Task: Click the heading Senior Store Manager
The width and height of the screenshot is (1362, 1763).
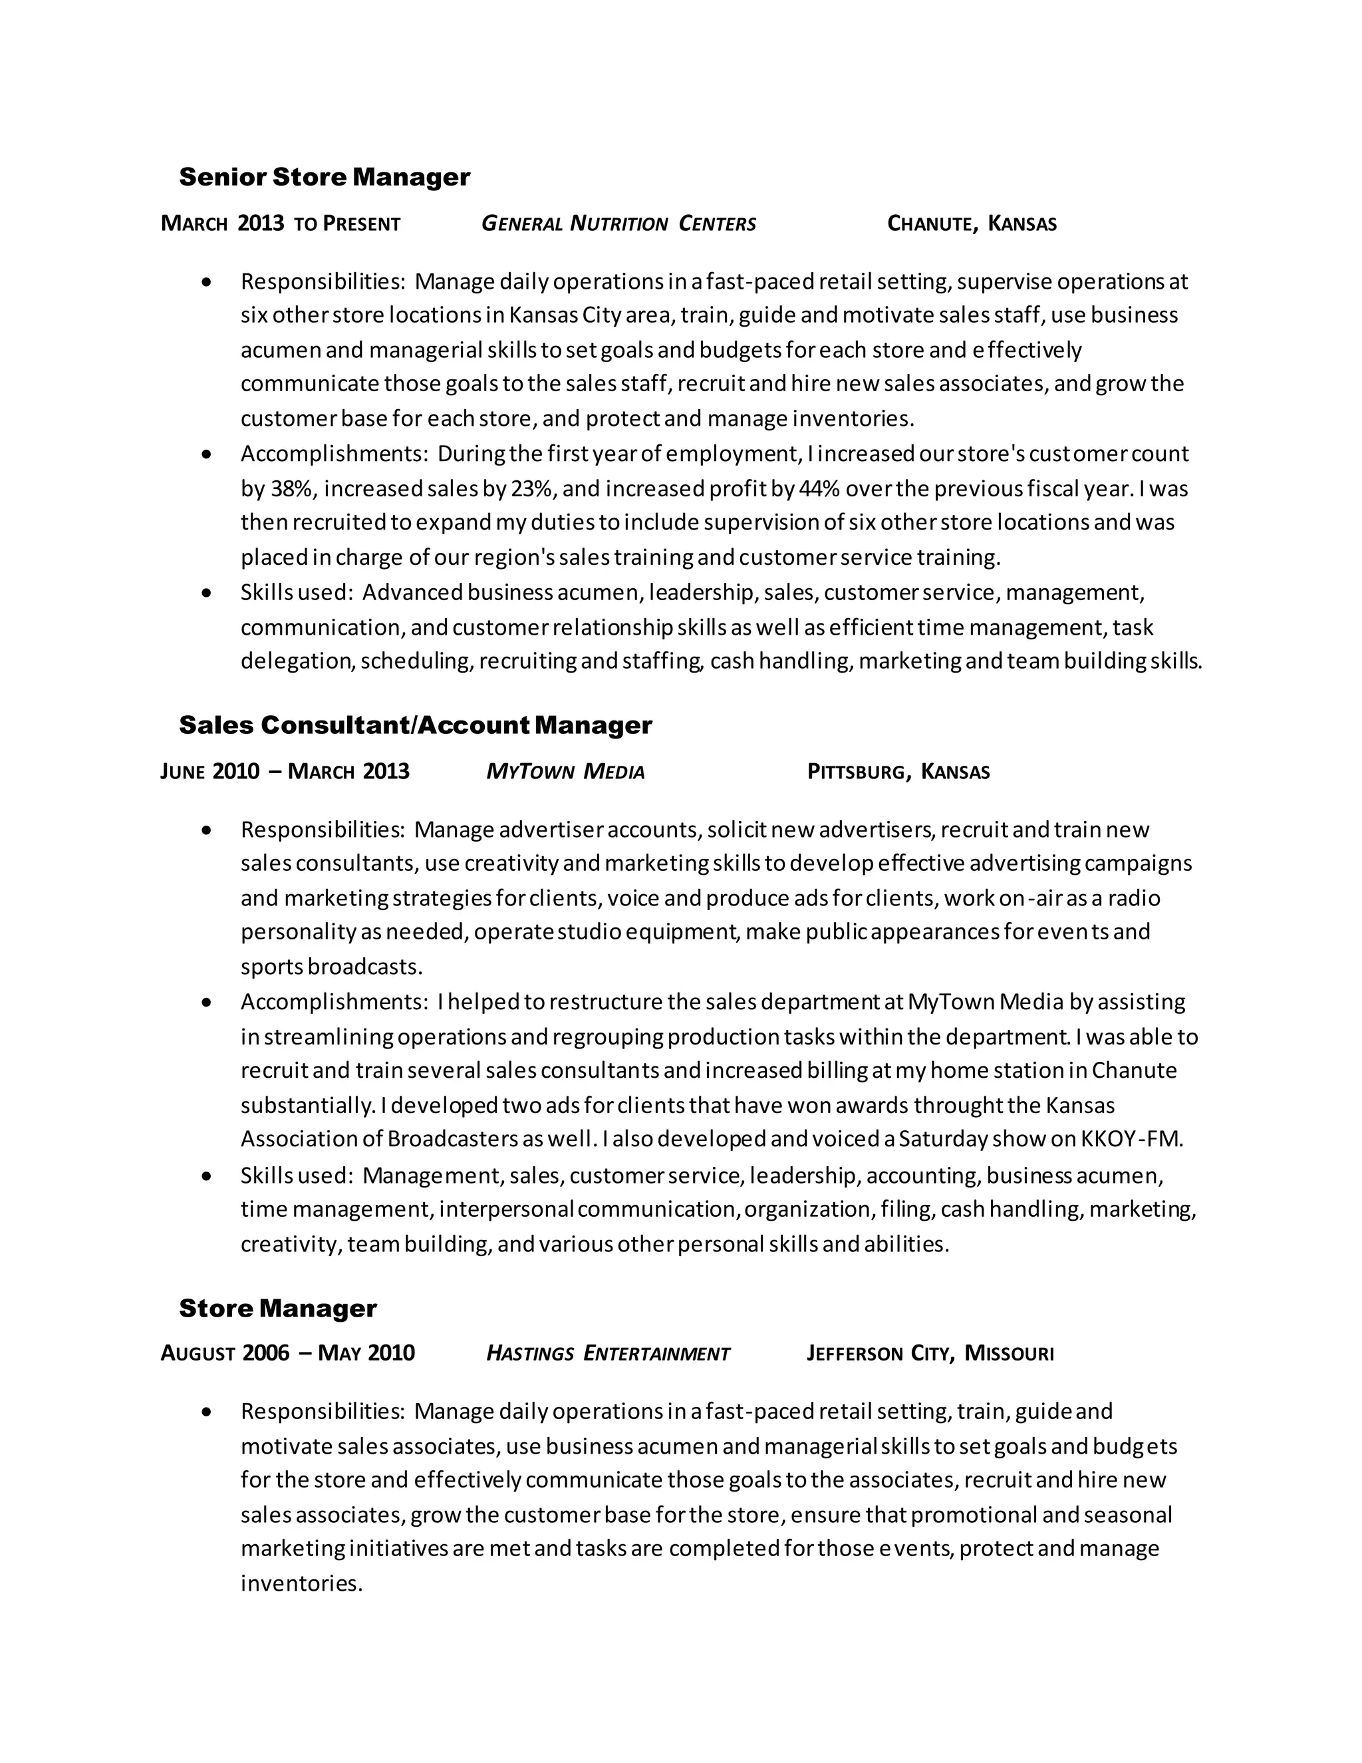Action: click(x=324, y=177)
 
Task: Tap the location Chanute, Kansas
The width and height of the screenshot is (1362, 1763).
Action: click(x=972, y=224)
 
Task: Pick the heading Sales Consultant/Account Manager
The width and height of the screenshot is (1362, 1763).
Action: click(x=415, y=725)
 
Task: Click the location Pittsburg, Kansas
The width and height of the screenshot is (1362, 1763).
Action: click(x=898, y=772)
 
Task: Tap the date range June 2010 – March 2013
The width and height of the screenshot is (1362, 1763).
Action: click(x=285, y=772)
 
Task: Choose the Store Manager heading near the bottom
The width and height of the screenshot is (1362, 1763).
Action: click(x=277, y=1309)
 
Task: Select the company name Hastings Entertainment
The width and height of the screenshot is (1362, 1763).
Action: click(x=608, y=1354)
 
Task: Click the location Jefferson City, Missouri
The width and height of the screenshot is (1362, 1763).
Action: click(x=930, y=1354)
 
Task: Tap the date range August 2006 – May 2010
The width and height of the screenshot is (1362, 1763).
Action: click(x=287, y=1354)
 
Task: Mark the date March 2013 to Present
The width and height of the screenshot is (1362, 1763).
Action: click(x=280, y=224)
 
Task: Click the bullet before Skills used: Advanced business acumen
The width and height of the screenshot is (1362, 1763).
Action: click(x=207, y=593)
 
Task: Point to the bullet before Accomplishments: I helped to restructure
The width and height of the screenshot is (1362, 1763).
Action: click(x=207, y=1003)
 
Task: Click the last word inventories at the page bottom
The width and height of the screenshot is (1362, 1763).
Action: click(x=301, y=1584)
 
